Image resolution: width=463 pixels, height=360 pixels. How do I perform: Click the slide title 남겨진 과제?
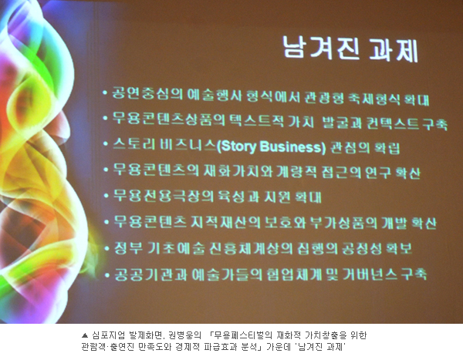tap(350, 49)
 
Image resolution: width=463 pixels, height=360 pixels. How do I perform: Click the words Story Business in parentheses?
tap(272, 147)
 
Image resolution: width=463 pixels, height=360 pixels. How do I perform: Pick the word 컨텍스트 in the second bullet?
tap(393, 123)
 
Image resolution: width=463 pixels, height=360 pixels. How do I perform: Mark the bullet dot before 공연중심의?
tap(105, 93)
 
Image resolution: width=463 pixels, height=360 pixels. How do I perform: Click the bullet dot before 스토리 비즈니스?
tap(106, 144)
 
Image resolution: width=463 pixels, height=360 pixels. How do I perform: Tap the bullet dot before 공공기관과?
tap(107, 275)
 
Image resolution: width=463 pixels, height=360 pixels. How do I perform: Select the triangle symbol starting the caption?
tap(85, 335)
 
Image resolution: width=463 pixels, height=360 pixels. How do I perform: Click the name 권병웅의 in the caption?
tap(185, 335)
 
